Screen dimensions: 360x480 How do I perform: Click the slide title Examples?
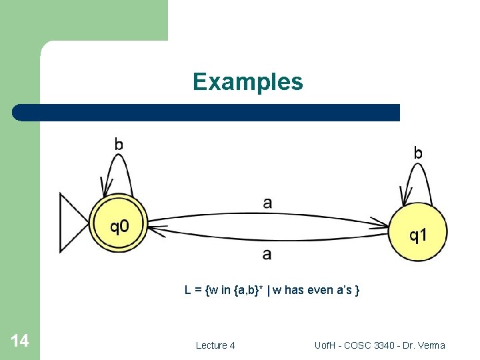tap(247, 82)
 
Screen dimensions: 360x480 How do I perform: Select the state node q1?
tap(417, 233)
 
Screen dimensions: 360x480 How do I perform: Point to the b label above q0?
tap(119, 143)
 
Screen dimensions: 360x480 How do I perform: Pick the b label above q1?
tap(418, 153)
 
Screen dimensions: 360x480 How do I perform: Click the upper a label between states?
tap(267, 203)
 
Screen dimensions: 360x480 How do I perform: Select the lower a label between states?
tap(267, 254)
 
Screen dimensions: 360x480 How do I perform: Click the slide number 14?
tap(20, 341)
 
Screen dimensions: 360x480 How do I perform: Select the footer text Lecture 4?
tap(215, 345)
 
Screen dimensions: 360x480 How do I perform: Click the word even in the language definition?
tap(322, 290)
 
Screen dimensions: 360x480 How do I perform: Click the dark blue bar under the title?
tap(207, 112)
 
